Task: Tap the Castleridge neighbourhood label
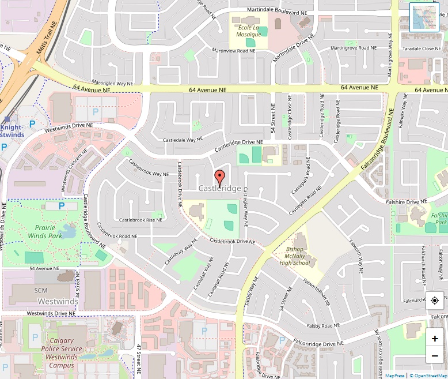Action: coord(219,189)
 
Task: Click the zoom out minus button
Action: coord(435,356)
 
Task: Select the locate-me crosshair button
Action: coord(435,301)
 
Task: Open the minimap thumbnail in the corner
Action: coord(424,17)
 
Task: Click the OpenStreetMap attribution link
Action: coord(428,376)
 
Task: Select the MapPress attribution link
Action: coord(394,376)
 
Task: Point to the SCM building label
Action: coord(41,290)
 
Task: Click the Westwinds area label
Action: coord(58,302)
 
